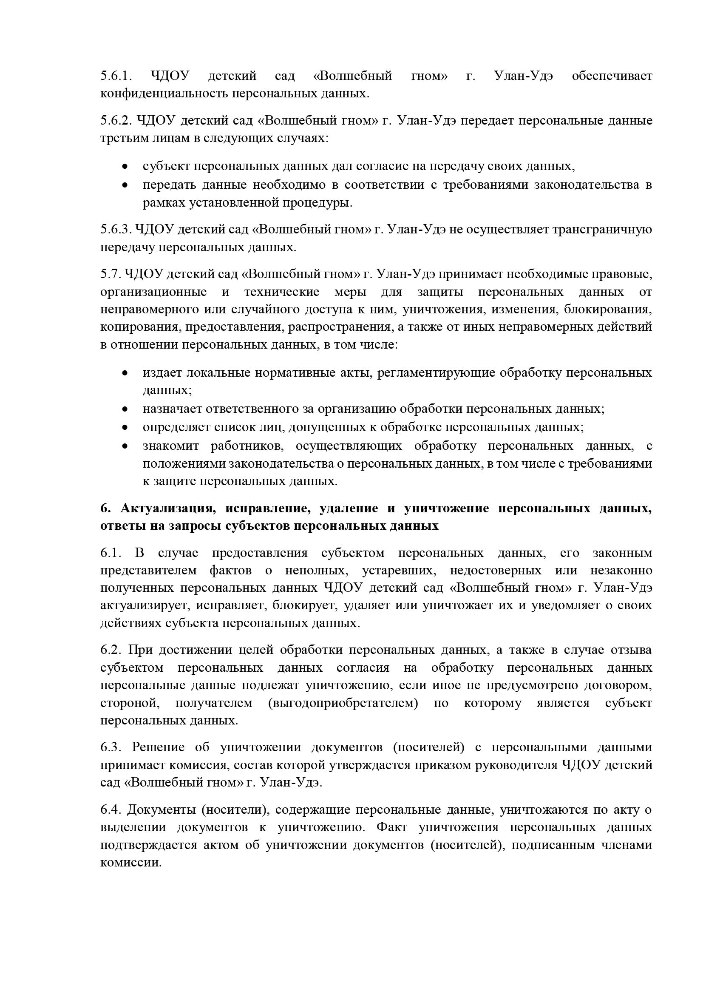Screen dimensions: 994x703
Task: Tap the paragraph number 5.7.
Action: [x=110, y=274]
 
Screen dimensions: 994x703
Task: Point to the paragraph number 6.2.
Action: [x=112, y=650]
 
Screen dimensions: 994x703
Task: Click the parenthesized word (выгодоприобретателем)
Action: [x=343, y=703]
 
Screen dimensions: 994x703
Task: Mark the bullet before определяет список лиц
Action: [x=125, y=427]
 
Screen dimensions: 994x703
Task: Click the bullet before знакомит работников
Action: [x=125, y=446]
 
